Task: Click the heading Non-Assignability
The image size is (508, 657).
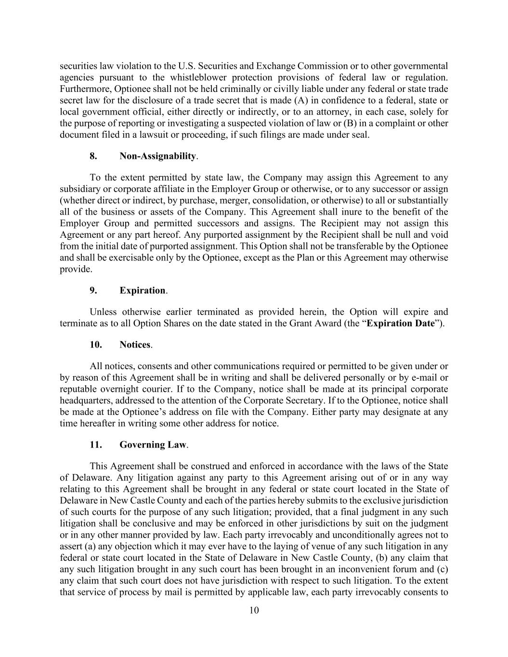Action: click(x=157, y=156)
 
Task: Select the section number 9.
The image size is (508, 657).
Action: click(x=93, y=290)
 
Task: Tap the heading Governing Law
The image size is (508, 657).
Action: click(x=153, y=444)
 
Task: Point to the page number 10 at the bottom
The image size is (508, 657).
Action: click(x=254, y=610)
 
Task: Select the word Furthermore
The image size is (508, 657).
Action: click(x=85, y=89)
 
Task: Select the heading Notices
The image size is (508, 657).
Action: click(x=135, y=345)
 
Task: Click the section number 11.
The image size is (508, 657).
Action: click(x=95, y=444)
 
